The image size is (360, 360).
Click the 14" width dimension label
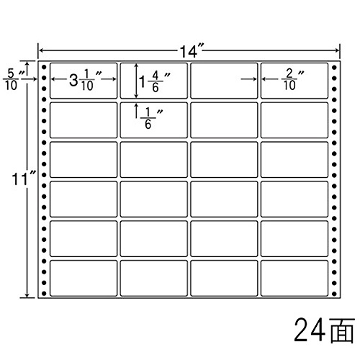pos(191,50)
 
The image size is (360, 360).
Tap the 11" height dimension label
pos(23,179)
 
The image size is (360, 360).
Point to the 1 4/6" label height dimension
pos(155,82)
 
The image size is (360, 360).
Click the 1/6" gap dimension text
pos(151,118)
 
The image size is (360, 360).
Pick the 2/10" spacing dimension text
pos(293,80)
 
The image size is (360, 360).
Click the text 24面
pos(324,330)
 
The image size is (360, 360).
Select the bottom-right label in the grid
pos(294,278)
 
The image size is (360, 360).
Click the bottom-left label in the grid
pos(84,278)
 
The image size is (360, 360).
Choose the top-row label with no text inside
pos(224,81)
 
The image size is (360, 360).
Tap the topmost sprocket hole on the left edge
pos(44,67)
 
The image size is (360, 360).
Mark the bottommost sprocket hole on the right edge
pos(334,293)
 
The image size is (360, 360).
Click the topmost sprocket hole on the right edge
pos(334,68)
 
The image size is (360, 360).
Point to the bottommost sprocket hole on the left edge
pos(44,293)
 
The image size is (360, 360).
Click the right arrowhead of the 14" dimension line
pos(337,50)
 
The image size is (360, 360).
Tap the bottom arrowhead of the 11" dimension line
pos(27,295)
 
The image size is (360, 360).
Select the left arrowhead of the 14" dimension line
pos(41,50)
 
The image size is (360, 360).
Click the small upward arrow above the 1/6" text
pos(137,111)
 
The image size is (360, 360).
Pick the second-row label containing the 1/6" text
pos(154,120)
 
